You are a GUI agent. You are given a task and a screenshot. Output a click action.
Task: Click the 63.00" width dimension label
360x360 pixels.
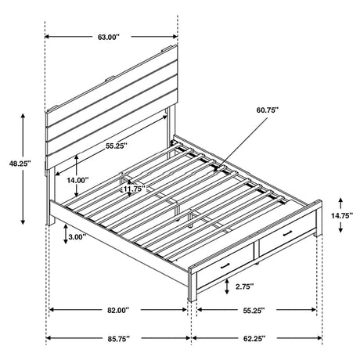click(112, 36)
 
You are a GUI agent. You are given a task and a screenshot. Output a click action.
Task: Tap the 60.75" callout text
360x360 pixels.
click(266, 112)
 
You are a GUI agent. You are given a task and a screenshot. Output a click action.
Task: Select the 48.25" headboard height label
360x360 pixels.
click(16, 164)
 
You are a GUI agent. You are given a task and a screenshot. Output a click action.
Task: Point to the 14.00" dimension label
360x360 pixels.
click(99, 179)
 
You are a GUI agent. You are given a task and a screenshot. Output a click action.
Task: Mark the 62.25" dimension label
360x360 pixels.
click(253, 339)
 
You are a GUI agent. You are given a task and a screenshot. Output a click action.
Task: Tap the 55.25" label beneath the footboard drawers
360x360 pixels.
click(252, 311)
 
